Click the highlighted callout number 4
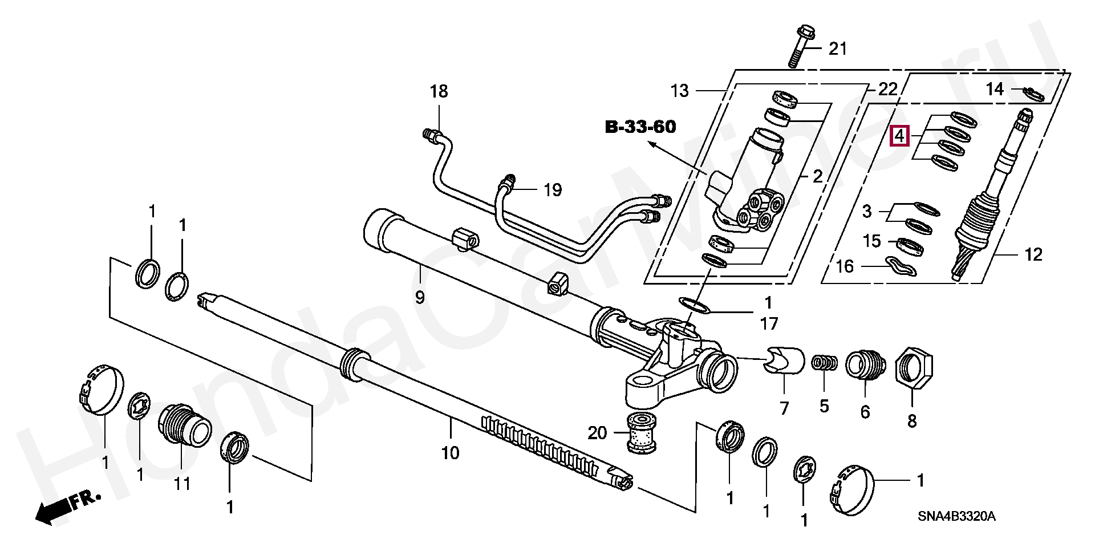click(899, 136)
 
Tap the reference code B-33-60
click(640, 127)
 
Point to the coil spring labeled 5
click(825, 363)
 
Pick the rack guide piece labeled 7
click(784, 360)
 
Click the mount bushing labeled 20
click(642, 432)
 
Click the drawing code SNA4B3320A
click(956, 516)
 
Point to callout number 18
click(439, 91)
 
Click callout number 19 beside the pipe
click(553, 189)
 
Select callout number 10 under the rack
click(450, 453)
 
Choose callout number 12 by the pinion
click(1033, 254)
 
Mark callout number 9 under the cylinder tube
click(420, 297)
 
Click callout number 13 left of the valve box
click(679, 91)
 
